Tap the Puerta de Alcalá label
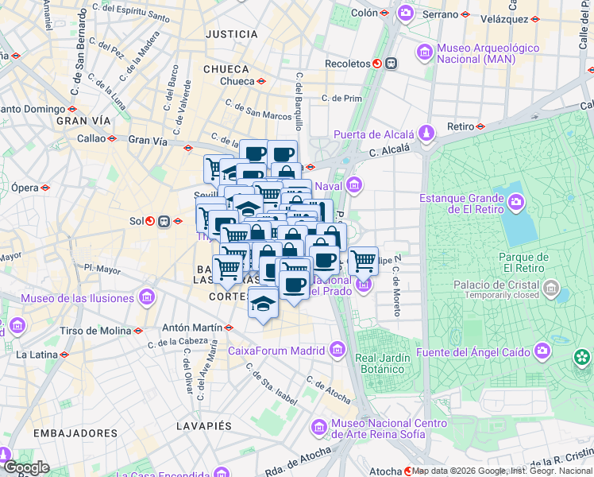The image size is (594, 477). (x=376, y=134)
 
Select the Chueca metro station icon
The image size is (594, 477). (x=261, y=81)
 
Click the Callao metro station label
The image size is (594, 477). (x=91, y=138)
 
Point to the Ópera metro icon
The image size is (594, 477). (x=45, y=188)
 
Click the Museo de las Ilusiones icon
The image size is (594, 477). (x=145, y=298)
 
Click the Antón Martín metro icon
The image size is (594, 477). (x=229, y=328)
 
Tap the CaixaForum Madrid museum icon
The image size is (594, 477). (x=337, y=350)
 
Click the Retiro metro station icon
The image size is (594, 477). (x=481, y=126)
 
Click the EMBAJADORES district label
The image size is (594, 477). (x=75, y=433)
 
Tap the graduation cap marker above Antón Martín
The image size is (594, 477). (x=263, y=303)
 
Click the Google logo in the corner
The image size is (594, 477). (x=25, y=468)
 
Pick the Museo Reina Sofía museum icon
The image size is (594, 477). (x=319, y=428)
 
